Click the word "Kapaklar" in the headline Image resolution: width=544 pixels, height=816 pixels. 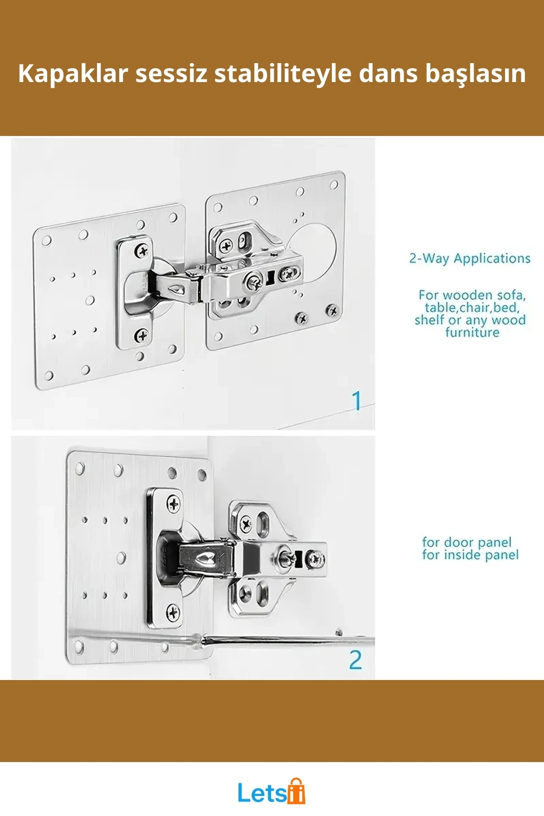tap(73, 73)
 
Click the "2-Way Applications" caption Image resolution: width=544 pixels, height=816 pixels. tap(470, 258)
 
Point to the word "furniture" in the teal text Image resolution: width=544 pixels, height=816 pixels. tap(472, 332)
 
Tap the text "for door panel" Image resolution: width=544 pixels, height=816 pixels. tap(467, 542)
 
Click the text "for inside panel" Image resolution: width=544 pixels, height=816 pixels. tap(471, 555)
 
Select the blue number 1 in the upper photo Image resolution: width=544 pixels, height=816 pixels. tap(357, 401)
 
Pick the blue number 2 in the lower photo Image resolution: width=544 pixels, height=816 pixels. tap(356, 660)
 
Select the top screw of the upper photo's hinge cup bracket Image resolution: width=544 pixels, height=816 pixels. tap(142, 250)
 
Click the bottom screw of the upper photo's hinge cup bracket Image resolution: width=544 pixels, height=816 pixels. tap(142, 335)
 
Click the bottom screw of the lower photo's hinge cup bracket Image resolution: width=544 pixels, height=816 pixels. tap(173, 612)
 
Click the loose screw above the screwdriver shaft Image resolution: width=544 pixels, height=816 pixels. tap(339, 632)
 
